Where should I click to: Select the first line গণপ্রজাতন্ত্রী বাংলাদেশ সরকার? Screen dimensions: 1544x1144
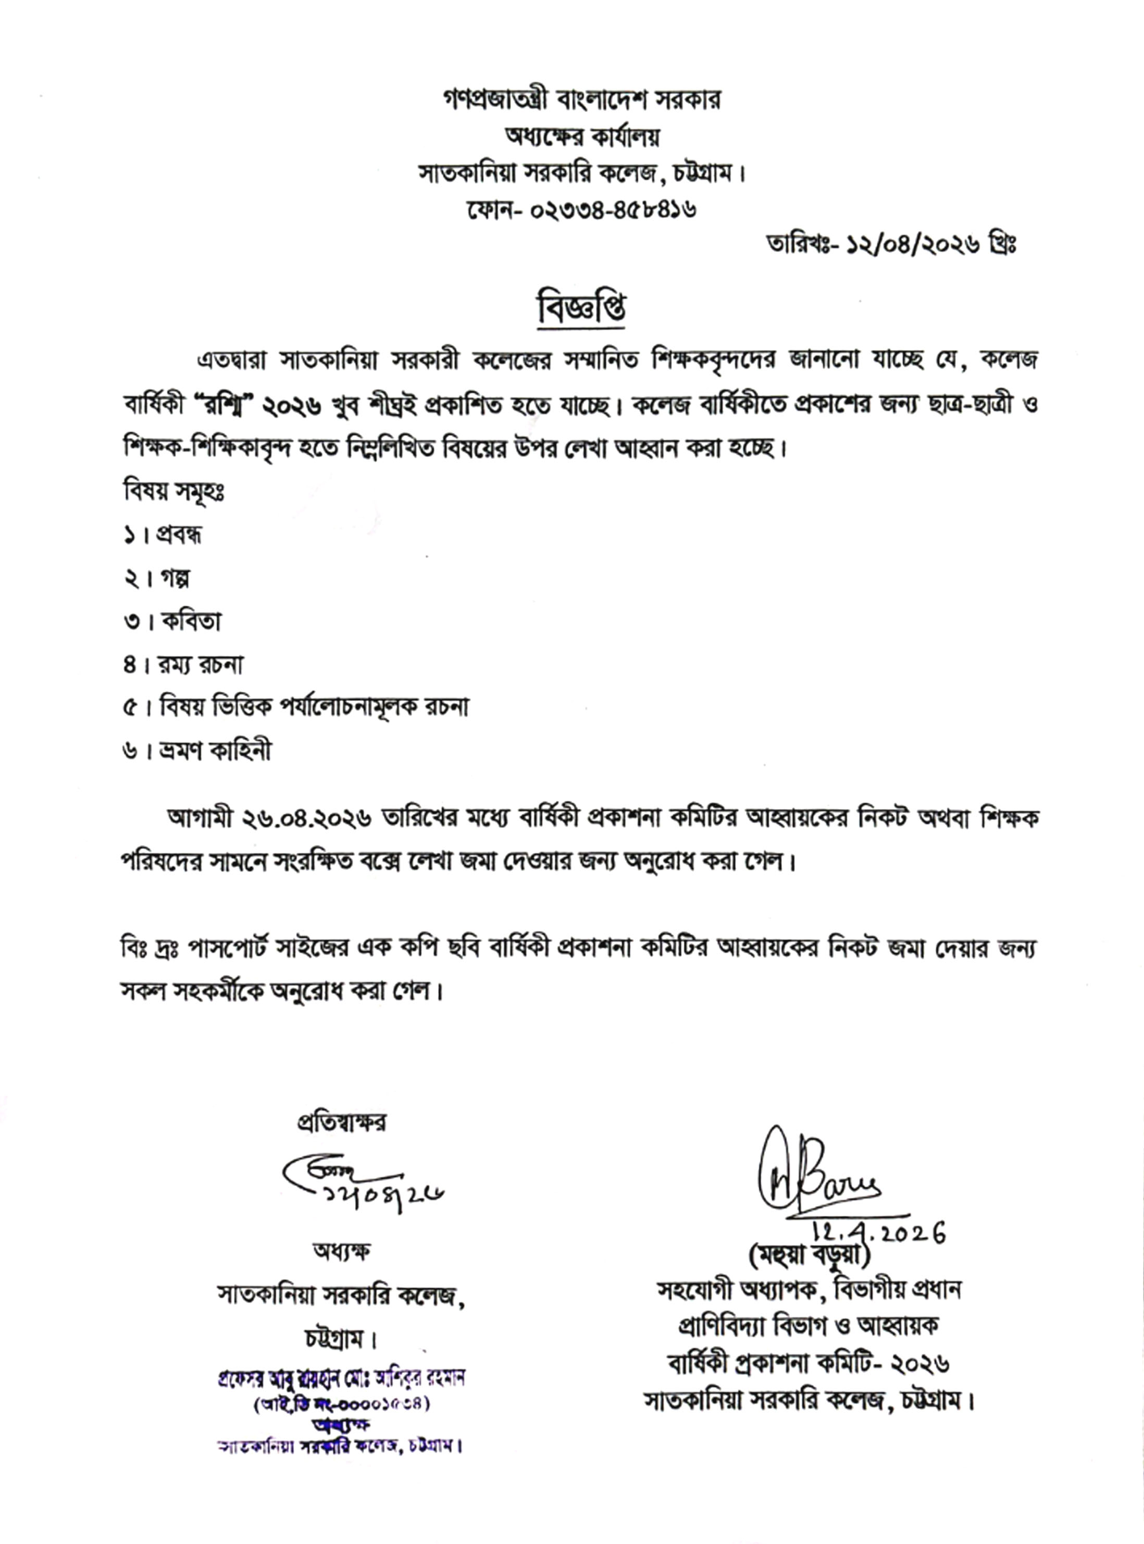pos(582,101)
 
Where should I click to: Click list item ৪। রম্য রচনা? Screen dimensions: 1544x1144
pos(183,665)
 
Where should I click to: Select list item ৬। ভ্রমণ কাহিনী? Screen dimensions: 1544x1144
pos(197,751)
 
